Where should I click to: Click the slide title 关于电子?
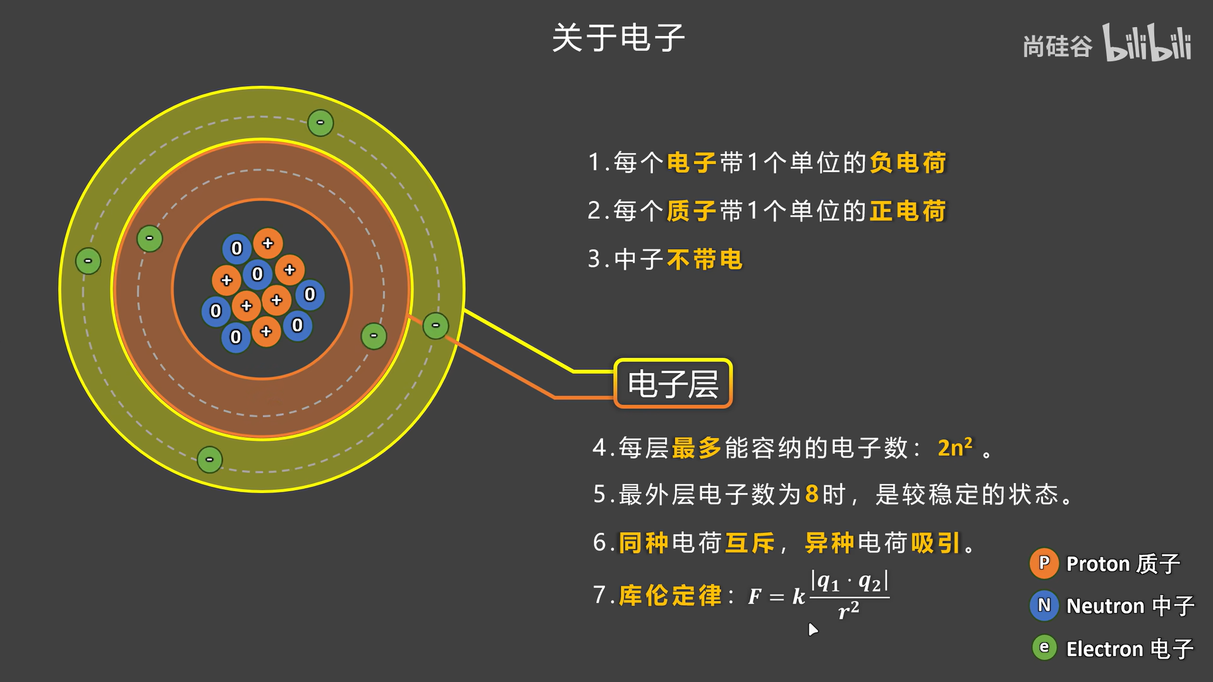618,38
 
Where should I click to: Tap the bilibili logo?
1147,42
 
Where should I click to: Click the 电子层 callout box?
673,384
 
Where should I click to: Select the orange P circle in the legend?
1044,563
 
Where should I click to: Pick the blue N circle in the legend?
1044,606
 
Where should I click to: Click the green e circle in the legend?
1044,648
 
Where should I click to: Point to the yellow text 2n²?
954,448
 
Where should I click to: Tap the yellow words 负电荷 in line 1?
908,163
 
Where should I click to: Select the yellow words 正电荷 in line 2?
908,211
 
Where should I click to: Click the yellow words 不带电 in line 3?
705,260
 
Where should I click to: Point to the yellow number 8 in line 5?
812,494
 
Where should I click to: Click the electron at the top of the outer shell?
320,123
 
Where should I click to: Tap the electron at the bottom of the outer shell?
209,460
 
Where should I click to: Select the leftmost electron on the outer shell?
88,261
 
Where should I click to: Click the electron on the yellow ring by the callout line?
436,326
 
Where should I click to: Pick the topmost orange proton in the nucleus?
268,243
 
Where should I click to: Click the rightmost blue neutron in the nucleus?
310,295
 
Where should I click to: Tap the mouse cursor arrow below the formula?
813,630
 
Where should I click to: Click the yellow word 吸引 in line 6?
936,543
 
